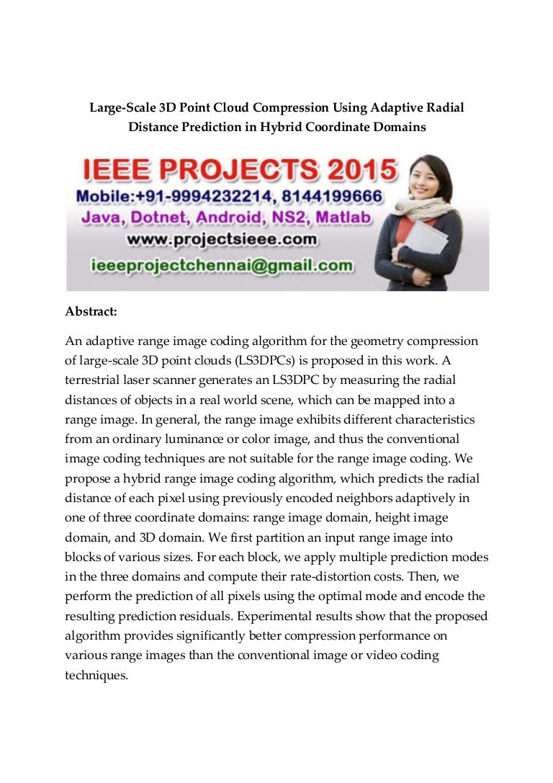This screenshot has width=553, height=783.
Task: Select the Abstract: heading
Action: [x=91, y=312]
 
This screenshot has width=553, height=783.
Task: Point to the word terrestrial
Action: [x=94, y=379]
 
